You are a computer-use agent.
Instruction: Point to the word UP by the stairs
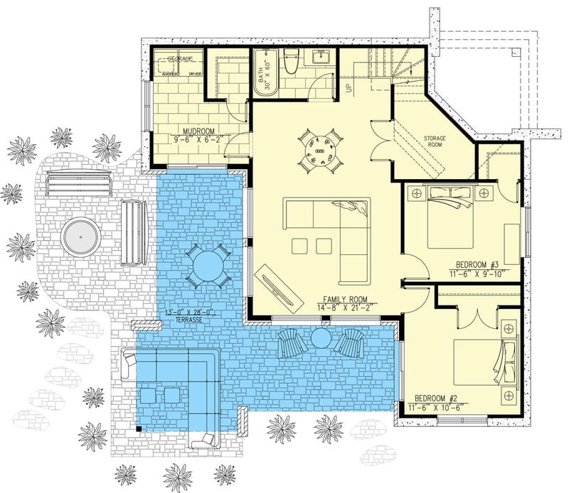(x=349, y=88)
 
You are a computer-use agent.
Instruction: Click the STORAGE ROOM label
(x=435, y=141)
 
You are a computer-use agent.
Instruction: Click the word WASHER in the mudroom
(x=171, y=73)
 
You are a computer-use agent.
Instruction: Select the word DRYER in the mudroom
(x=194, y=73)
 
